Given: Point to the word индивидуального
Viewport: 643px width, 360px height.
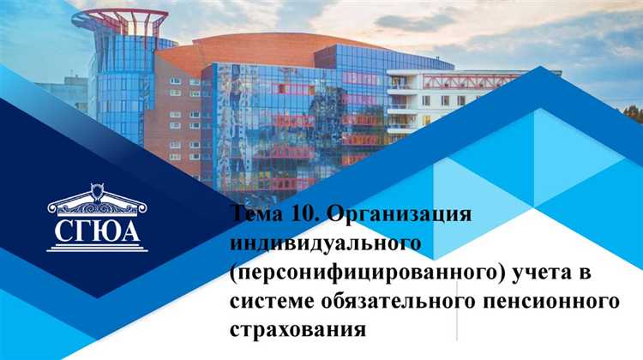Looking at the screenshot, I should (326, 243).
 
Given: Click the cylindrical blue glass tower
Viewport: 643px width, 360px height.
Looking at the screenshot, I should (120, 94).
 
